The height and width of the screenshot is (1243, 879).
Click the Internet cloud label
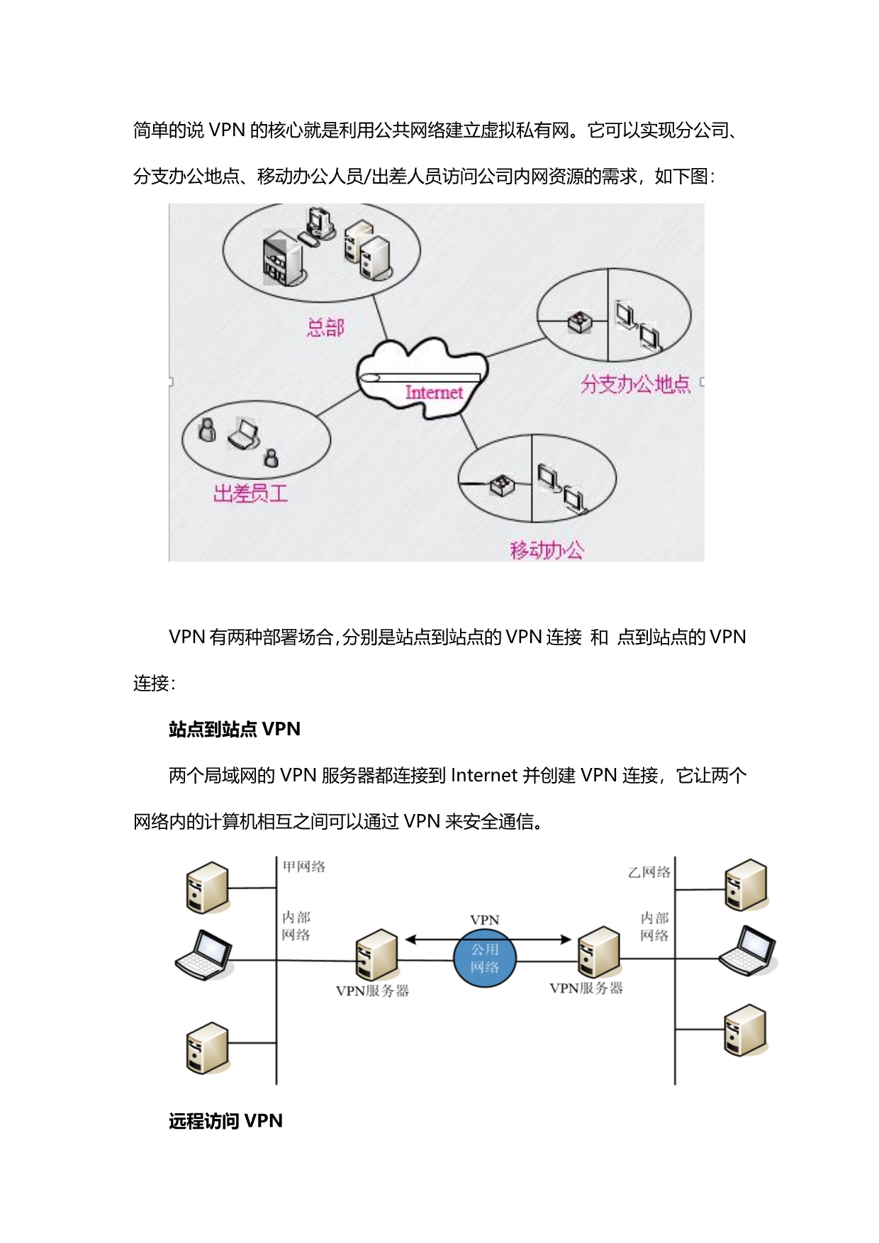click(x=434, y=392)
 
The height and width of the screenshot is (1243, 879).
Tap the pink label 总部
click(x=325, y=328)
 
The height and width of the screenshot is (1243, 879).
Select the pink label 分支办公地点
click(x=635, y=384)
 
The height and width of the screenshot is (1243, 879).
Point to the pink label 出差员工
click(x=250, y=494)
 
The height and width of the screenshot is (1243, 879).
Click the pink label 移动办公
click(x=547, y=550)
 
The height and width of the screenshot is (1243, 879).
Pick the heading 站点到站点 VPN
click(x=235, y=729)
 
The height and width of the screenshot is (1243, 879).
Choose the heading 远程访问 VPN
click(x=225, y=1121)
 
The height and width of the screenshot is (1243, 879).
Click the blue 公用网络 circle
click(x=485, y=959)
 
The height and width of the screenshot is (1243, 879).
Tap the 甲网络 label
click(x=304, y=866)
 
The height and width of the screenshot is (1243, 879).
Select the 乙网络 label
click(x=649, y=872)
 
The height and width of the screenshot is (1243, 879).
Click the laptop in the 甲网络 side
click(x=204, y=954)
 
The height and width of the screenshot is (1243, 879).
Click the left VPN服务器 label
click(x=372, y=991)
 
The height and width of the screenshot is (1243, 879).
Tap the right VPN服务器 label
click(x=586, y=988)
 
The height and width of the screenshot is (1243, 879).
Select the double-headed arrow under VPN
click(x=488, y=940)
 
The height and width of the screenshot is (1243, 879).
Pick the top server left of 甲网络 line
click(x=207, y=887)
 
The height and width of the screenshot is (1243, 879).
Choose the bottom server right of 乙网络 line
click(x=745, y=1030)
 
